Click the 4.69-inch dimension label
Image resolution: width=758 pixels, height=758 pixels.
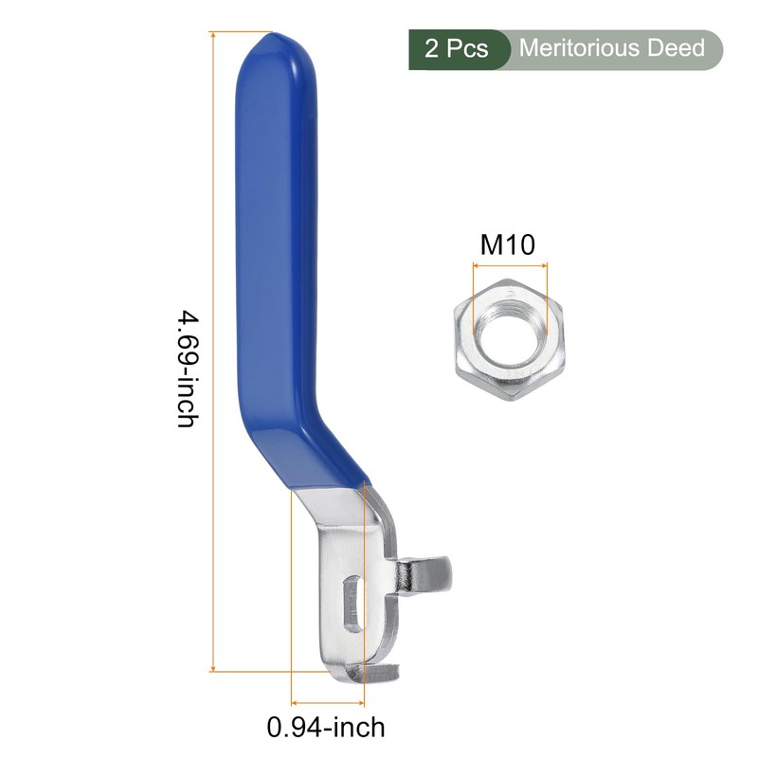pyautogui.click(x=188, y=370)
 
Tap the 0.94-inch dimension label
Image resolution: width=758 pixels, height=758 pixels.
pyautogui.click(x=326, y=727)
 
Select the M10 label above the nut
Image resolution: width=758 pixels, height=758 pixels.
pyautogui.click(x=507, y=244)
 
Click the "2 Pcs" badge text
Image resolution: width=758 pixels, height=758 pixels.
pyautogui.click(x=457, y=49)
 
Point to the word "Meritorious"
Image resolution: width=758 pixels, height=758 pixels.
pyautogui.click(x=579, y=48)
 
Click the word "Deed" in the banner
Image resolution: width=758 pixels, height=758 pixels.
pyautogui.click(x=676, y=48)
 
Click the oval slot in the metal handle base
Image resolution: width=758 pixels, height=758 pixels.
pyautogui.click(x=354, y=603)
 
